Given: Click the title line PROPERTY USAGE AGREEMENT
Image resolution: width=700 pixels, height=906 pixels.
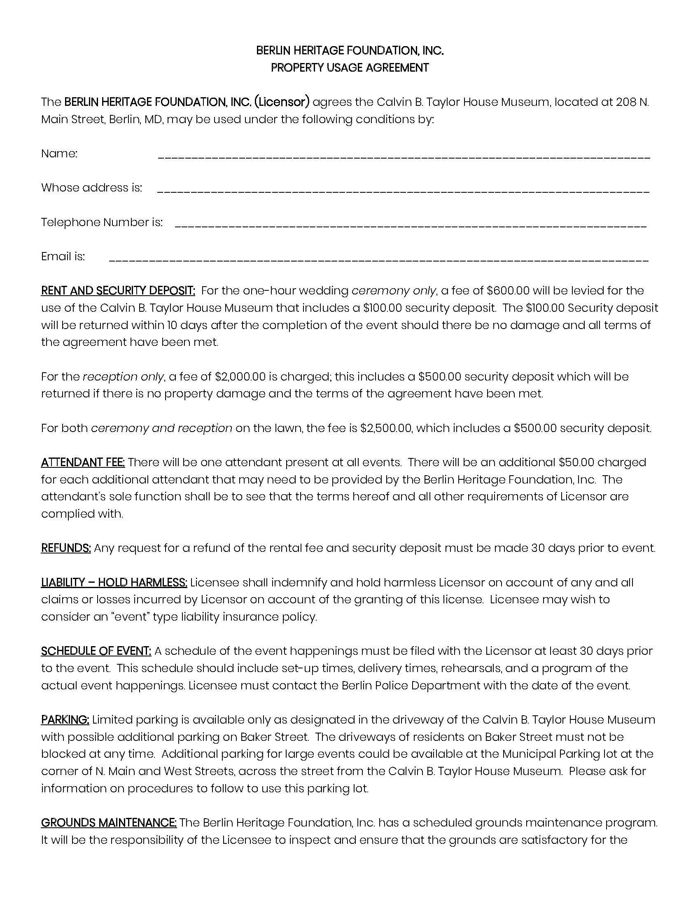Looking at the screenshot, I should [350, 68].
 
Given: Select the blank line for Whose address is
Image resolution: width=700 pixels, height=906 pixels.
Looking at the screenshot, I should [403, 191].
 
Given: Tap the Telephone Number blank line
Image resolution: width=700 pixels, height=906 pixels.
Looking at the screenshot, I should [411, 225].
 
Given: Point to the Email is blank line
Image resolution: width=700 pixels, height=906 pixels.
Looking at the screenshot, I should [378, 260].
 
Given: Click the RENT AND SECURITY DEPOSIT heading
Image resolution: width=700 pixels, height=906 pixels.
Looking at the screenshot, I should [118, 291].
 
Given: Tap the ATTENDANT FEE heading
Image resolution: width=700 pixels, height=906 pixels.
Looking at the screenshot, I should [83, 462].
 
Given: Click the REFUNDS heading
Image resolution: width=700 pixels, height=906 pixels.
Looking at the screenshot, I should [66, 549].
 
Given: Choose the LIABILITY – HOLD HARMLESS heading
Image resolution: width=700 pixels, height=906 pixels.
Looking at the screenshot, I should [114, 583].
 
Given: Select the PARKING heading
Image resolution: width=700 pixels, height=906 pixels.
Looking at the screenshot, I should [65, 720].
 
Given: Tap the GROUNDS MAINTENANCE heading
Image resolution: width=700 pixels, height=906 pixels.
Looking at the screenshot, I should [109, 823].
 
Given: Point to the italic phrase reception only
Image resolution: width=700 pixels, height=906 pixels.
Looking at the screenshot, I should [123, 377].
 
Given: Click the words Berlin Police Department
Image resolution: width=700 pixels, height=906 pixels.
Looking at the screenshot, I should [411, 685].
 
